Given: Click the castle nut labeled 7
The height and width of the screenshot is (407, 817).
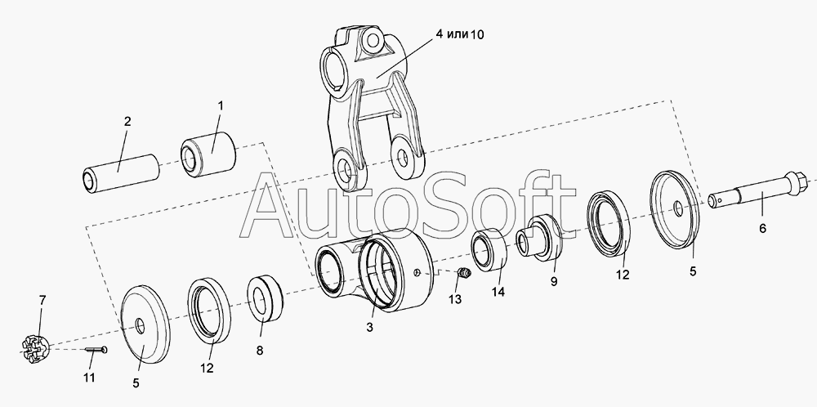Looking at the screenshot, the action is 36,350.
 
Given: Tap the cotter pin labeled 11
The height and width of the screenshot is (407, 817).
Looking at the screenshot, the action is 96,350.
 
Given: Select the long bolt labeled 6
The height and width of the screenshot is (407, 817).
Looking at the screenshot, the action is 759,190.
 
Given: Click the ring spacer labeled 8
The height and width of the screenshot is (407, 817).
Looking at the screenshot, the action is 265,299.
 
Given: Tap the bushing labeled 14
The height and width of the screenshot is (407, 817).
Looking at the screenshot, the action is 489,250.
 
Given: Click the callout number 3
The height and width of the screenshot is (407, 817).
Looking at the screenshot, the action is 369,327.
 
